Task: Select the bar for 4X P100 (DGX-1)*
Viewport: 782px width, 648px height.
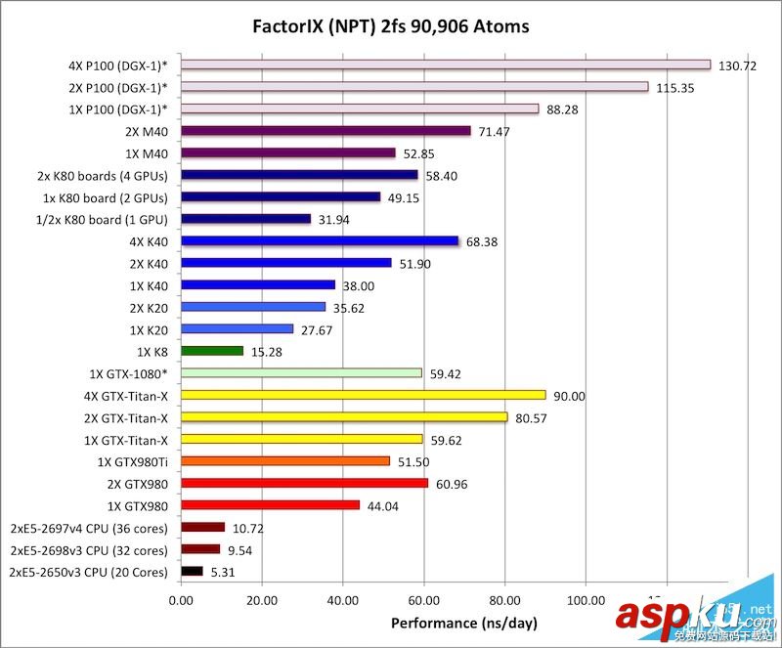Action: [446, 65]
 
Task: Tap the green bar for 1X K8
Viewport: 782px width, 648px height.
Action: [212, 351]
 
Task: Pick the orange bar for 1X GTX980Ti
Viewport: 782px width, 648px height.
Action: [285, 460]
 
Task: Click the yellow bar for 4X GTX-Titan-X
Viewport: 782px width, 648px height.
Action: [364, 395]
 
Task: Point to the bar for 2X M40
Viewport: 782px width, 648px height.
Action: [326, 131]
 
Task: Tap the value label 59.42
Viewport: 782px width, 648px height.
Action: [446, 373]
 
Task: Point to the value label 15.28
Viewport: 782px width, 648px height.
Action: [268, 351]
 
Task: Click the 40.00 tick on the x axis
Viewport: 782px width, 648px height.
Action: [342, 598]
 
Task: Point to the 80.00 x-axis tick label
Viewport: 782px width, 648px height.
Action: [504, 598]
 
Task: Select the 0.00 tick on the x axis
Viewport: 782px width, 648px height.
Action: [181, 598]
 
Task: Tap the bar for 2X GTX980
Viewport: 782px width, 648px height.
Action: [304, 483]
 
